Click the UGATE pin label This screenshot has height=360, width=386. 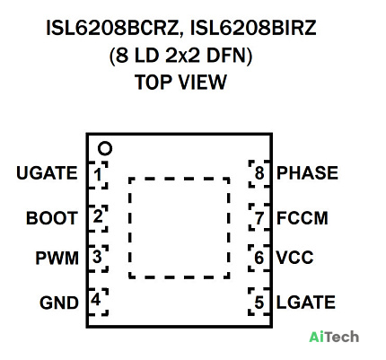[47, 173]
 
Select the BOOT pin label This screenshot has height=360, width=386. [52, 218]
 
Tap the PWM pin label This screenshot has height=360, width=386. [57, 258]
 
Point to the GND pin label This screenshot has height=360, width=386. [59, 303]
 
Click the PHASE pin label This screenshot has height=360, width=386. [307, 172]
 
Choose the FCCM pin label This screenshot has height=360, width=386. [303, 218]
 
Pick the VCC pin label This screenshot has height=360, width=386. [294, 258]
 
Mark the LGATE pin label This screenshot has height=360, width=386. [305, 303]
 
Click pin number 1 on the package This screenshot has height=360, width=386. [98, 174]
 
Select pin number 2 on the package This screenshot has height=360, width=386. [98, 216]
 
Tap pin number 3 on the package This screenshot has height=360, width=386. [97, 257]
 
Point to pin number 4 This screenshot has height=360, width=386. [96, 300]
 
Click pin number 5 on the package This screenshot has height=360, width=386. [259, 303]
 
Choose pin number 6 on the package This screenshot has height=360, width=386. [259, 258]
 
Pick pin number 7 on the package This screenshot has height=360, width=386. [259, 218]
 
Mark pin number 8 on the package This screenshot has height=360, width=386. [259, 173]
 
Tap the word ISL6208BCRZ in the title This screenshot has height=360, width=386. [112, 29]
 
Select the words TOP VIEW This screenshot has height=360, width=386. [180, 82]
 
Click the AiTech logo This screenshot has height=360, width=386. [334, 337]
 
